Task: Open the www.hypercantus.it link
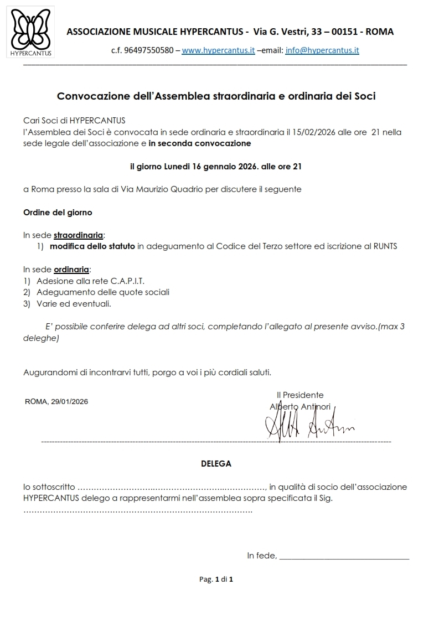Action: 218,50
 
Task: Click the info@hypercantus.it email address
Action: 322,50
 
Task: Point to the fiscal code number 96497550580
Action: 149,50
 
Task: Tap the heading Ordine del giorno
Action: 58,212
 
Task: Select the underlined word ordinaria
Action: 71,270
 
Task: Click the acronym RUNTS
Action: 385,246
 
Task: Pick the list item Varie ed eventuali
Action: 74,304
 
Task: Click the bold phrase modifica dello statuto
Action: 92,246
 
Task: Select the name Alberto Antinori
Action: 299,407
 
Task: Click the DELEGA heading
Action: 216,464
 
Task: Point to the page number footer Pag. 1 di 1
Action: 216,579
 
